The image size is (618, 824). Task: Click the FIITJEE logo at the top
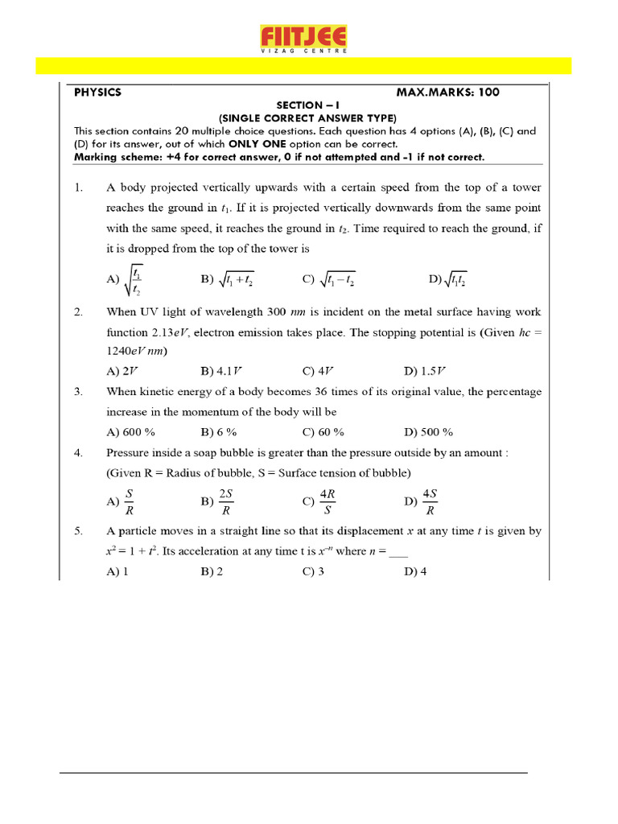303,39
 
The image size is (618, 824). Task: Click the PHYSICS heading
97,93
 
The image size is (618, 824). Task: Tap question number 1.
78,187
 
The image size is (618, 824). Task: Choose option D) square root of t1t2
448,280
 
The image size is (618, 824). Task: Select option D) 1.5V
424,371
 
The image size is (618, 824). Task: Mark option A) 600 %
130,431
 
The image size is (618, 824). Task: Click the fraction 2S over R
227,501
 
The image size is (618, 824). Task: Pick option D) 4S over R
430,501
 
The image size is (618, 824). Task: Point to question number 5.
78,531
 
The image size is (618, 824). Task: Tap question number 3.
78,392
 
